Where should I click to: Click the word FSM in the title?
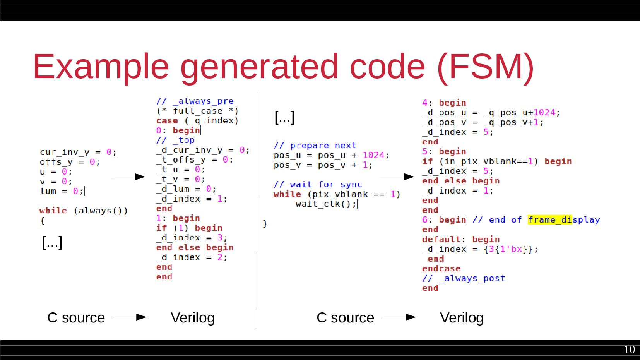(486, 67)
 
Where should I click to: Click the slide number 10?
(629, 350)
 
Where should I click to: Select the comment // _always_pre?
(195, 101)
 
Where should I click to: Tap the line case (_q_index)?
(197, 121)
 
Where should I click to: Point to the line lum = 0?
(62, 191)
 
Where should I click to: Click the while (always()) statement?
(83, 211)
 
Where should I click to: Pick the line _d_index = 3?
(192, 238)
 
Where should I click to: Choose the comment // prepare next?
(315, 146)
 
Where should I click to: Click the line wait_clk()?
(325, 204)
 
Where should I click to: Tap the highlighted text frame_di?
(549, 220)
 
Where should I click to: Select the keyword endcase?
(441, 269)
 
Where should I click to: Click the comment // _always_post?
(463, 278)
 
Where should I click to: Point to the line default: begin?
(460, 240)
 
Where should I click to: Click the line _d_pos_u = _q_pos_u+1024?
(491, 113)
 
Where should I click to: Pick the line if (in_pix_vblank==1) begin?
(496, 161)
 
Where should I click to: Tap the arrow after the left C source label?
(130, 317)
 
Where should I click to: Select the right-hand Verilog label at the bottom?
(462, 318)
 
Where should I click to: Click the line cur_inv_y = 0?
(78, 152)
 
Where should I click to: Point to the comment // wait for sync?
(317, 185)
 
